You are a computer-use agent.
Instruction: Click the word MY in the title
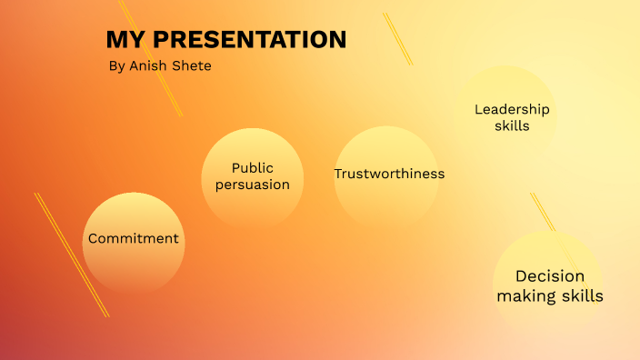click(125, 40)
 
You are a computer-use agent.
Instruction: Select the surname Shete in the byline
click(193, 66)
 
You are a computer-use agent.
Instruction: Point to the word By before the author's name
click(115, 66)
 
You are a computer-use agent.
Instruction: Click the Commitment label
click(133, 239)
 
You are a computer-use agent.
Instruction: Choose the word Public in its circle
click(252, 167)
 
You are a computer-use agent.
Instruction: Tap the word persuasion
click(252, 185)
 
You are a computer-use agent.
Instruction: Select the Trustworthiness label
click(389, 174)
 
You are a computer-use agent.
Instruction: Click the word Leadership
click(512, 110)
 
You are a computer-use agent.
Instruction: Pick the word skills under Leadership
click(512, 127)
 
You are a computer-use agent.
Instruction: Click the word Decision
click(549, 276)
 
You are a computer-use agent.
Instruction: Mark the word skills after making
click(583, 296)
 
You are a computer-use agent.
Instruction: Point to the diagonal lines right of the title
click(397, 38)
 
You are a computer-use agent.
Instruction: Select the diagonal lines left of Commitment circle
click(71, 255)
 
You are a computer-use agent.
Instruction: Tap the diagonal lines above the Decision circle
click(544, 215)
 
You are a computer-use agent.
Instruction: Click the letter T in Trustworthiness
click(338, 174)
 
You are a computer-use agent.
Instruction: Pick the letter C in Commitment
click(93, 239)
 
